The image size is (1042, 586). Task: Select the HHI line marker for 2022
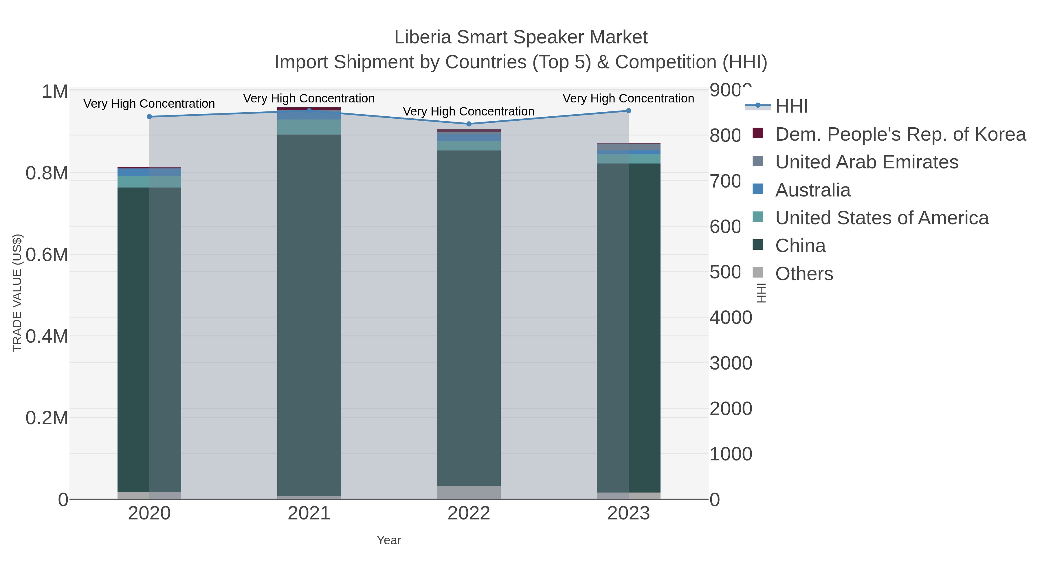pyautogui.click(x=469, y=124)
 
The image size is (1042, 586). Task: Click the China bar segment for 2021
pyautogui.click(x=309, y=315)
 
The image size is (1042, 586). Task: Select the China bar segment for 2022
pyautogui.click(x=469, y=318)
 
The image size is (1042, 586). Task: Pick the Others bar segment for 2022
pyautogui.click(x=469, y=492)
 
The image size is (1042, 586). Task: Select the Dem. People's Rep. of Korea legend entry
pyautogui.click(x=900, y=134)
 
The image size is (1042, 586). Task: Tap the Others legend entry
pyautogui.click(x=804, y=274)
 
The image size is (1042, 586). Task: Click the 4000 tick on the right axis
pyautogui.click(x=731, y=317)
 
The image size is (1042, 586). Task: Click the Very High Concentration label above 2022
pyautogui.click(x=469, y=111)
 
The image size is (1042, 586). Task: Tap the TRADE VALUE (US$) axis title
pyautogui.click(x=17, y=293)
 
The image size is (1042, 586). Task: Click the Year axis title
pyautogui.click(x=389, y=540)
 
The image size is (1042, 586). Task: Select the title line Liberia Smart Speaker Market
pyautogui.click(x=521, y=37)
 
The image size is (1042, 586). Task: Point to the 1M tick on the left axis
pyautogui.click(x=55, y=92)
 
